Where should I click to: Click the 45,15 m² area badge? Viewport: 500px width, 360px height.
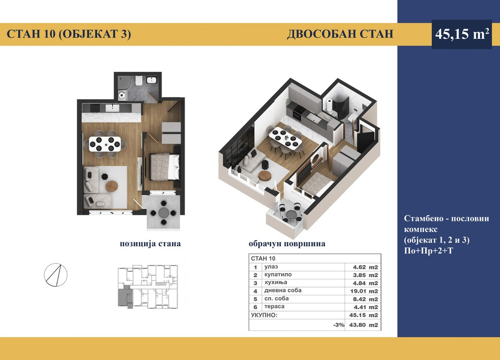(462, 34)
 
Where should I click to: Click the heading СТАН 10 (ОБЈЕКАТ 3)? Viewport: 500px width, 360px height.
(69, 34)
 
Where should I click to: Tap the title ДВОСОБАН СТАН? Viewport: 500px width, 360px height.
(340, 34)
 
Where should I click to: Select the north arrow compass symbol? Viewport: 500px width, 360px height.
(56, 275)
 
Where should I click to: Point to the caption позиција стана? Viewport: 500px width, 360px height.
(150, 244)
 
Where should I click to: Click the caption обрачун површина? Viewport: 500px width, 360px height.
(287, 244)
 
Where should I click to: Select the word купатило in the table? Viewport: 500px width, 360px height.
(278, 275)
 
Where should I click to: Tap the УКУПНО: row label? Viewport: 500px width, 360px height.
(264, 315)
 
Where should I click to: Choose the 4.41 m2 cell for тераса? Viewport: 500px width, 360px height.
(365, 307)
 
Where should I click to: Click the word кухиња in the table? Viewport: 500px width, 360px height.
(276, 282)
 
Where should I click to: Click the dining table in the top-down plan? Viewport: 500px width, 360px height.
(105, 144)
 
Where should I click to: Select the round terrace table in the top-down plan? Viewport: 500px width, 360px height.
(164, 213)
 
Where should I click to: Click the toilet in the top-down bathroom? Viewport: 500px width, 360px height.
(139, 80)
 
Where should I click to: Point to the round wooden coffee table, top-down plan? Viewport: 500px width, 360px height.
(112, 186)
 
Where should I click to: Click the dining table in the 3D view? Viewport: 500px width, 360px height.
(285, 137)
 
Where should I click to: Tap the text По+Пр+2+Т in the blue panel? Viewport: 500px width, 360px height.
(428, 251)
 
